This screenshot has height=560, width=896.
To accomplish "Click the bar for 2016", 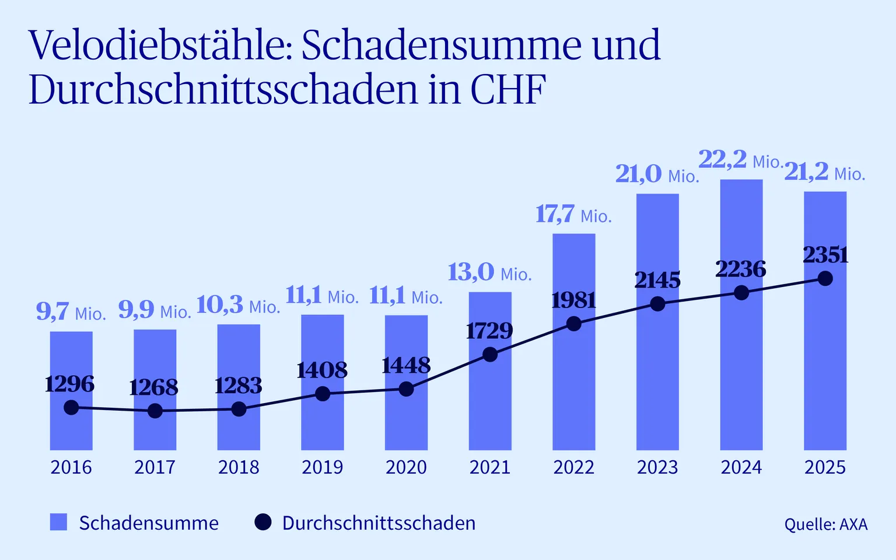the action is click(71, 391).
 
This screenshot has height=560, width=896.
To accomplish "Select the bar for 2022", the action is click(574, 342).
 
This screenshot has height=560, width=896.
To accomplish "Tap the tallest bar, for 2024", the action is click(741, 315).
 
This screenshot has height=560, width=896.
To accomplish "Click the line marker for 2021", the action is click(490, 355).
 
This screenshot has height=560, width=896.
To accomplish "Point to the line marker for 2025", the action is click(825, 278).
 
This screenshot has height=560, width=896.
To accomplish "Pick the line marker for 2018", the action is click(239, 409).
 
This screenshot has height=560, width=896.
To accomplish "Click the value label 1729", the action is click(489, 331).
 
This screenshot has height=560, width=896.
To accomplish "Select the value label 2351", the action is click(825, 255).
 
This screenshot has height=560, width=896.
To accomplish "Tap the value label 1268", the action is click(153, 387).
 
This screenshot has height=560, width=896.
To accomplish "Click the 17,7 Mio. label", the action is click(574, 215).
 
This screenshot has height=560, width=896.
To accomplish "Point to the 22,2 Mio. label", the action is click(741, 160).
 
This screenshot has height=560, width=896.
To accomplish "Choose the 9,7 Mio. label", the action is click(71, 312).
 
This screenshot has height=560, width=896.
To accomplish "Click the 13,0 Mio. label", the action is click(490, 272).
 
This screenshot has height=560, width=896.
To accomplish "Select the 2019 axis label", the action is click(323, 467).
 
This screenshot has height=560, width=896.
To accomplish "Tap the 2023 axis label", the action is click(657, 467).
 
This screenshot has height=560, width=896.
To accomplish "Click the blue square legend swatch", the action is click(58, 522).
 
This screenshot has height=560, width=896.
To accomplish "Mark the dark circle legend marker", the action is click(263, 522).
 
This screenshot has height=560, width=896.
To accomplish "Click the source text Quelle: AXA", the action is click(826, 524).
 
